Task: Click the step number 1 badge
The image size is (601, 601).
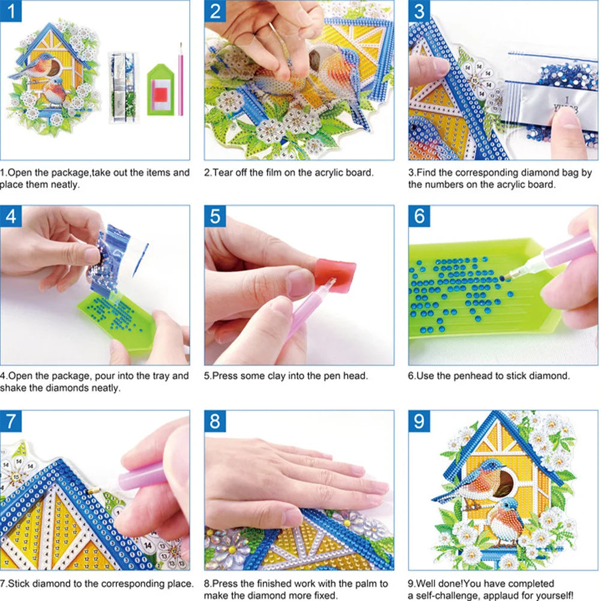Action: coord(11,11)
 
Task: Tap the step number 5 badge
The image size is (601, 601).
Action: coord(216,217)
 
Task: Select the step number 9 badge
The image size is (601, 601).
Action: coord(420,421)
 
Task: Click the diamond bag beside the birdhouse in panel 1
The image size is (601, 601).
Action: coord(121,87)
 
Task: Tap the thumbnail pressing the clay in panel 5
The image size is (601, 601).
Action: coord(300,282)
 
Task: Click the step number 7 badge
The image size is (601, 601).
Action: coord(11,421)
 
